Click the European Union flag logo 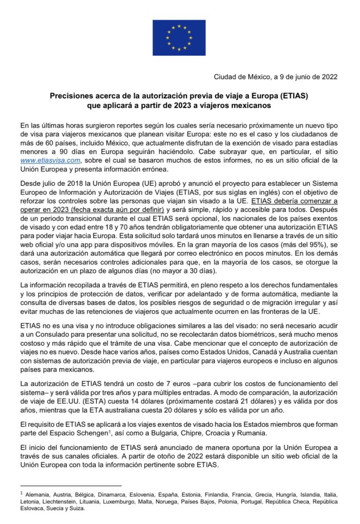click(x=179, y=38)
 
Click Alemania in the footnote click(x=37, y=494)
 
